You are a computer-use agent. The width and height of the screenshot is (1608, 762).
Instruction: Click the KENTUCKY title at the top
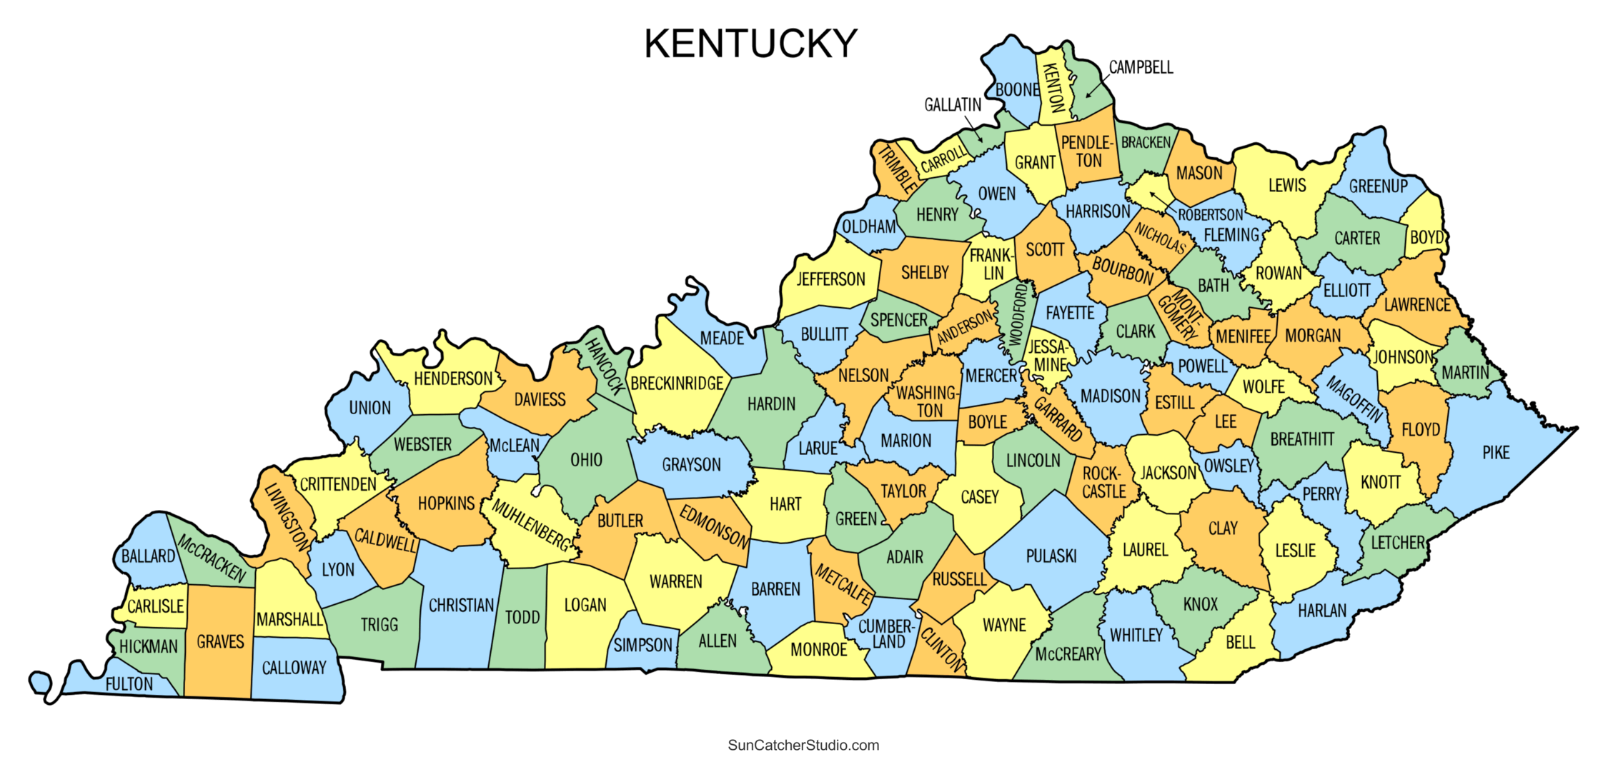[750, 44]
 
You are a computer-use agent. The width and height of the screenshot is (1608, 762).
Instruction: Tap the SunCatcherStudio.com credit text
[803, 746]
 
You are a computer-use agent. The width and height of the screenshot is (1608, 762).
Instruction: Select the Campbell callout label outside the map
[1141, 68]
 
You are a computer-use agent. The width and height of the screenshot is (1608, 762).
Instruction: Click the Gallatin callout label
[953, 106]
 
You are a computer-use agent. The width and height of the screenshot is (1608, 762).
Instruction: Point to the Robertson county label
[1211, 215]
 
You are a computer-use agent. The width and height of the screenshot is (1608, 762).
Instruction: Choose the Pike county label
[1496, 453]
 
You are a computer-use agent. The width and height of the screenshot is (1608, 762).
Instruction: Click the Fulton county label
[129, 684]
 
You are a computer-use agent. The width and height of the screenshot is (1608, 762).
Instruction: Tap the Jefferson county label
[830, 279]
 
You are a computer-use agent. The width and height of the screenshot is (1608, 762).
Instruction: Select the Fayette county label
[1070, 314]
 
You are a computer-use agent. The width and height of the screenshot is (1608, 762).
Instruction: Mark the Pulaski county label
[1051, 556]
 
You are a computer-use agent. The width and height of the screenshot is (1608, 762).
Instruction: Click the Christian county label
[461, 606]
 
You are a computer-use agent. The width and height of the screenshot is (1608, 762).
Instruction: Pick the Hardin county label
[771, 404]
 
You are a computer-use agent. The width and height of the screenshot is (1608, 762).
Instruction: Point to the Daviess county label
[540, 400]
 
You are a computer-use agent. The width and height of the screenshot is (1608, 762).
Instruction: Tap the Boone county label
[1017, 90]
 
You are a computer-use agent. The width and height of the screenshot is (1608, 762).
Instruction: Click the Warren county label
[675, 582]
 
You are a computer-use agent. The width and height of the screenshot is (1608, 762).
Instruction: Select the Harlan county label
[1322, 611]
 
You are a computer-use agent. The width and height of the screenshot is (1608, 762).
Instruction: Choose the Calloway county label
[294, 668]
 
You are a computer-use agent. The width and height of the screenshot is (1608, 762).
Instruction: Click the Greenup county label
[1378, 186]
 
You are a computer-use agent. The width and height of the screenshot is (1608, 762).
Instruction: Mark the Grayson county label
[691, 465]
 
